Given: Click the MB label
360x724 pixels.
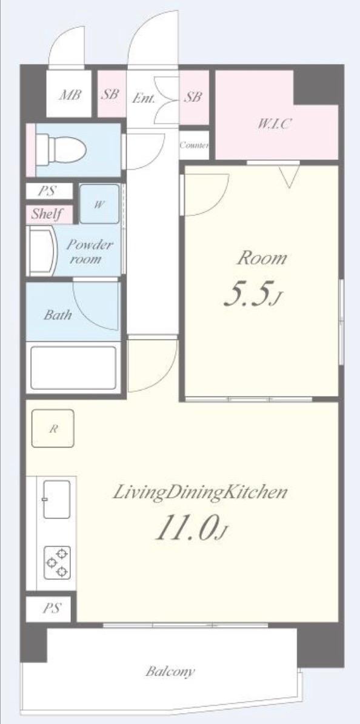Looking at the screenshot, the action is pyautogui.click(x=70, y=95).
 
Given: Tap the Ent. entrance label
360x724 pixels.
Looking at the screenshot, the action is pyautogui.click(x=144, y=98).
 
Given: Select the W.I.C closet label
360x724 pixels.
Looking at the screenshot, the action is pyautogui.click(x=274, y=123).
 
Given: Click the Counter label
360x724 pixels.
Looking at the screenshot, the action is pyautogui.click(x=195, y=145).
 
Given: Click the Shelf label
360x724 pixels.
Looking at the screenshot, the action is pyautogui.click(x=47, y=214).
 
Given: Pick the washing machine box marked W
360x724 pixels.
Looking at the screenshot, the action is pyautogui.click(x=99, y=204).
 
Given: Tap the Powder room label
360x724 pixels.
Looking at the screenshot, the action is pyautogui.click(x=90, y=251).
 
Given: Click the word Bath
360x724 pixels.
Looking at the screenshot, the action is pyautogui.click(x=58, y=315).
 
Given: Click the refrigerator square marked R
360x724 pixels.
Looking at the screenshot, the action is pyautogui.click(x=53, y=429).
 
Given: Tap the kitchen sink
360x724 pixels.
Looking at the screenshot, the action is pyautogui.click(x=56, y=498).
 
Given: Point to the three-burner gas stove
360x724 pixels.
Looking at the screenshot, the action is pyautogui.click(x=57, y=562).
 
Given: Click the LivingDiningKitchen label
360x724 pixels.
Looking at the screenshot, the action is pyautogui.click(x=201, y=492).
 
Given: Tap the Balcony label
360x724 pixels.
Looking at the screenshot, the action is pyautogui.click(x=170, y=671).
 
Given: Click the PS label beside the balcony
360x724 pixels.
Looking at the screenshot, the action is pyautogui.click(x=52, y=608).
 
